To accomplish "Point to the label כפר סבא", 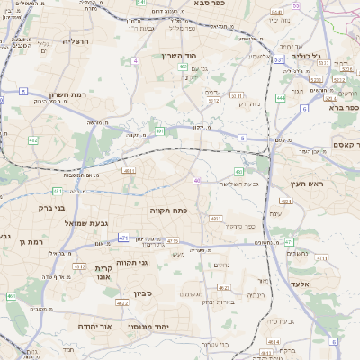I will click(x=210, y=4).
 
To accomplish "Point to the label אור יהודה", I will click(x=94, y=326).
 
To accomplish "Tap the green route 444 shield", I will click(x=281, y=97).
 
